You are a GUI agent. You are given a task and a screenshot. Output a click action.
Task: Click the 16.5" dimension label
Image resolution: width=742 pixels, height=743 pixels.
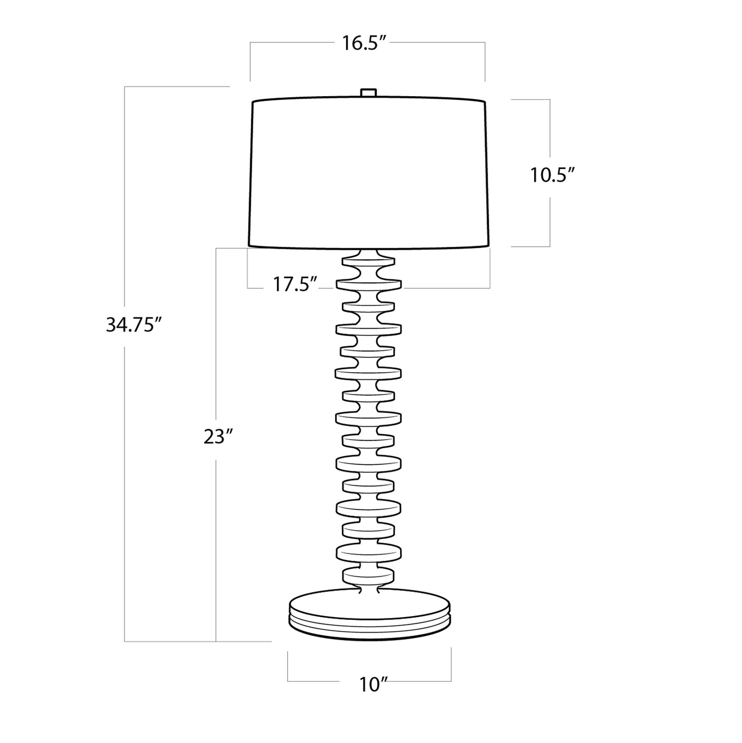pyautogui.click(x=365, y=43)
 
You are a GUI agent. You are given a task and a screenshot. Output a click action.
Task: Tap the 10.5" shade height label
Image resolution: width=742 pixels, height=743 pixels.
pyautogui.click(x=551, y=175)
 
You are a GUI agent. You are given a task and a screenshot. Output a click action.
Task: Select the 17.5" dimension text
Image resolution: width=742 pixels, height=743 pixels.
pyautogui.click(x=294, y=285)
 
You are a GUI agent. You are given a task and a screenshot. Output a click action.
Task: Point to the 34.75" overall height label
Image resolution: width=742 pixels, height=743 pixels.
pyautogui.click(x=133, y=325)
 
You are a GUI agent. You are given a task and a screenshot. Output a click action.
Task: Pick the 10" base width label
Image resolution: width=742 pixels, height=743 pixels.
pyautogui.click(x=374, y=685)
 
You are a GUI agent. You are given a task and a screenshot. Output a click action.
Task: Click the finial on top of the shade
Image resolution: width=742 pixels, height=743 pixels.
pyautogui.click(x=368, y=92)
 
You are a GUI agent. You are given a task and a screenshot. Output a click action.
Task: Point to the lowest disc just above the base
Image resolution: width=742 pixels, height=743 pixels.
pyautogui.click(x=368, y=575)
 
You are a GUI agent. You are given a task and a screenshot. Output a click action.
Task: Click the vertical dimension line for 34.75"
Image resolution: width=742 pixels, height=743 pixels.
pyautogui.click(x=125, y=475)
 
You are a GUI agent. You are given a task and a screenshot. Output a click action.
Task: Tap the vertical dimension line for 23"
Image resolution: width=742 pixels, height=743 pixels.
pyautogui.click(x=216, y=528)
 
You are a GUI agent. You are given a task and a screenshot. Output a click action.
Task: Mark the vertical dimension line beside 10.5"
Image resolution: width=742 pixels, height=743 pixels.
pyautogui.click(x=550, y=222)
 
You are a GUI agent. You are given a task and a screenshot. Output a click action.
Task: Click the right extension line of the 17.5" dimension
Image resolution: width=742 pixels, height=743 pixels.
pyautogui.click(x=490, y=269)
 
